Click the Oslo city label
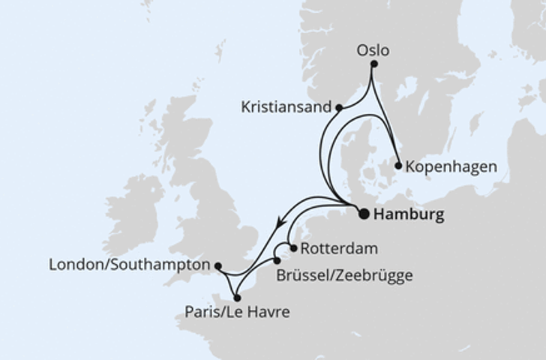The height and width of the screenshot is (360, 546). coord(372,51)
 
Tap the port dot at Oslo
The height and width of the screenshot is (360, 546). coord(374,64)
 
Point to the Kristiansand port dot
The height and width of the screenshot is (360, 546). coord(339,107)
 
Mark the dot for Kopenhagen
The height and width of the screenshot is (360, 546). coord(398,165)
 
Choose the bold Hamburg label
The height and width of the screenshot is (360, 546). coord(408,215)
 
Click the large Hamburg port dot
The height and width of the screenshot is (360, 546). coord(364,214)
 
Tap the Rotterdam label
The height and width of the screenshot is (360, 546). coord(334,248)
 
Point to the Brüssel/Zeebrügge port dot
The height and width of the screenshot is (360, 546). coord(277,261)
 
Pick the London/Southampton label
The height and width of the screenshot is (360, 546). coord(128,265)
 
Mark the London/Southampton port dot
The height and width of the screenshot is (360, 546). coord(217,265)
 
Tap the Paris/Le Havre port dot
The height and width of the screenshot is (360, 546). coord(237,297)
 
